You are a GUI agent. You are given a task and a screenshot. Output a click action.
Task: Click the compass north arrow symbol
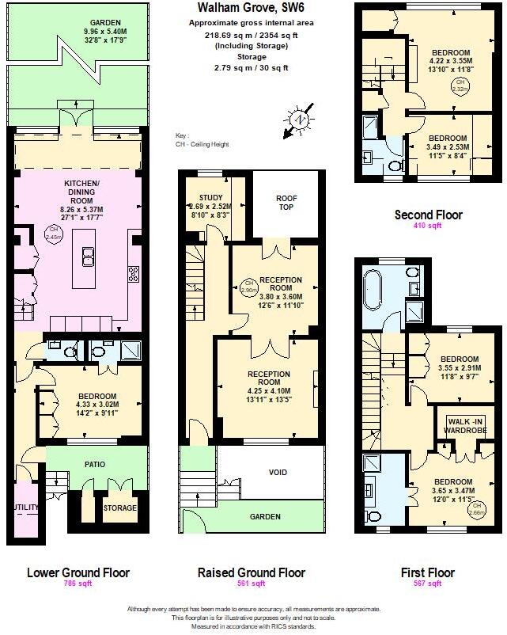(x=299, y=120)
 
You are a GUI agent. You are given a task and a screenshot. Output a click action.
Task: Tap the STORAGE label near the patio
(x=120, y=508)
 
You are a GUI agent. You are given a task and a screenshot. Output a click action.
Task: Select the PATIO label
(x=93, y=464)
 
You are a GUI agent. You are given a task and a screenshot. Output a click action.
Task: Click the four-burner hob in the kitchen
(x=133, y=275)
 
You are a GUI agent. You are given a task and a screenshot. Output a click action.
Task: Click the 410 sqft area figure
(x=428, y=226)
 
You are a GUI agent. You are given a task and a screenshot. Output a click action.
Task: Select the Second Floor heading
(x=428, y=215)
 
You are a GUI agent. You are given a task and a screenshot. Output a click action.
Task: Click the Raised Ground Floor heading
(x=251, y=572)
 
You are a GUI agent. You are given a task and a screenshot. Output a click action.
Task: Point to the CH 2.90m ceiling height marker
(x=248, y=286)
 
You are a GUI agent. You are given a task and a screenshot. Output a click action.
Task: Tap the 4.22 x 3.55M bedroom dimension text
(x=450, y=60)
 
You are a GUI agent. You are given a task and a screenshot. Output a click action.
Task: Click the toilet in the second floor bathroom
(x=394, y=165)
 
